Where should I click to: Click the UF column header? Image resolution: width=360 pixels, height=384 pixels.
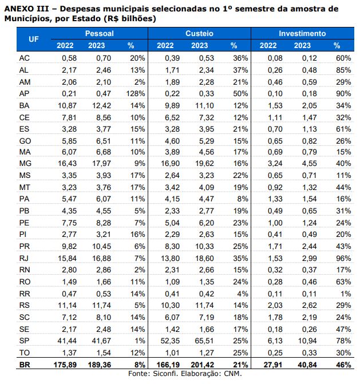34,39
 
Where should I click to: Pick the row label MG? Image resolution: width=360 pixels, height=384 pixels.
25,164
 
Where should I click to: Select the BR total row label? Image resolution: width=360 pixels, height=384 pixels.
25,365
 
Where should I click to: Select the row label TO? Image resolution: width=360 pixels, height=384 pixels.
24,353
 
